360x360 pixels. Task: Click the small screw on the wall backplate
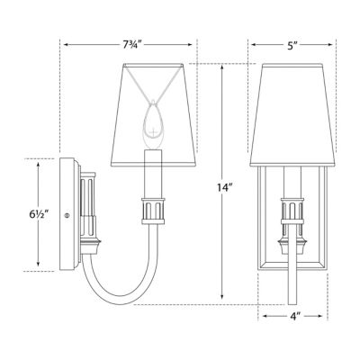pyautogui.click(x=67, y=215)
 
